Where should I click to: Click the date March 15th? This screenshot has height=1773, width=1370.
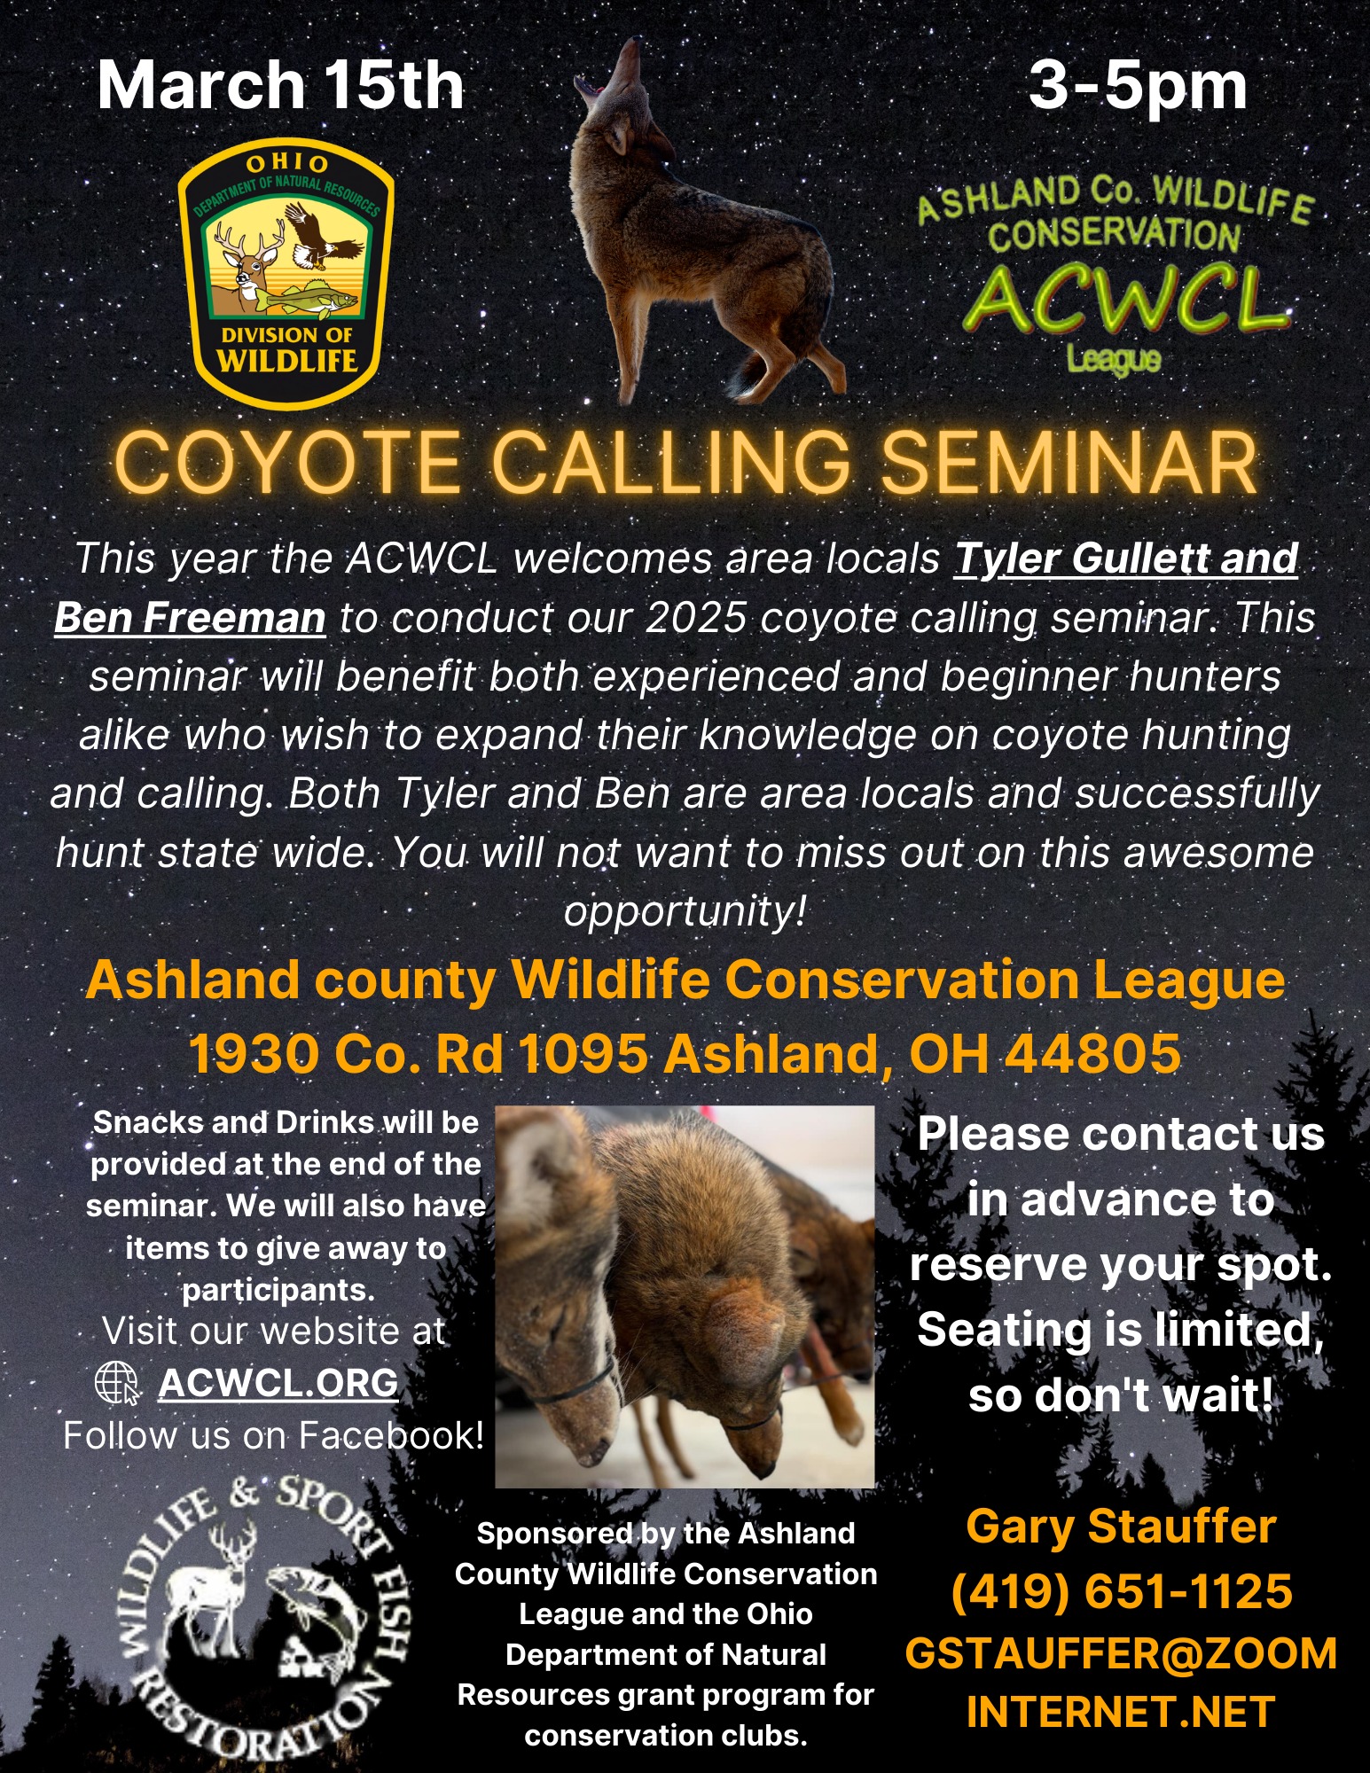(280, 85)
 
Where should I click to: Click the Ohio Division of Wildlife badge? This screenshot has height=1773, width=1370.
(286, 272)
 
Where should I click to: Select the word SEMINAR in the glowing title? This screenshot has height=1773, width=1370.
(1069, 463)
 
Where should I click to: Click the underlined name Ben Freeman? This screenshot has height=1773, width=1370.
(190, 618)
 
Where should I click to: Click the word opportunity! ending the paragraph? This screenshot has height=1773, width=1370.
(685, 910)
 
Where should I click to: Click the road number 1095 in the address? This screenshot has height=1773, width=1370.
(582, 1053)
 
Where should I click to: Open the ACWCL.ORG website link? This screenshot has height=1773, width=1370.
(278, 1382)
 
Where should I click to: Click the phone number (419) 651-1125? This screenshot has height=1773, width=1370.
(1121, 1591)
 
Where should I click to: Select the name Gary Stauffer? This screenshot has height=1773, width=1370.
(1121, 1527)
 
